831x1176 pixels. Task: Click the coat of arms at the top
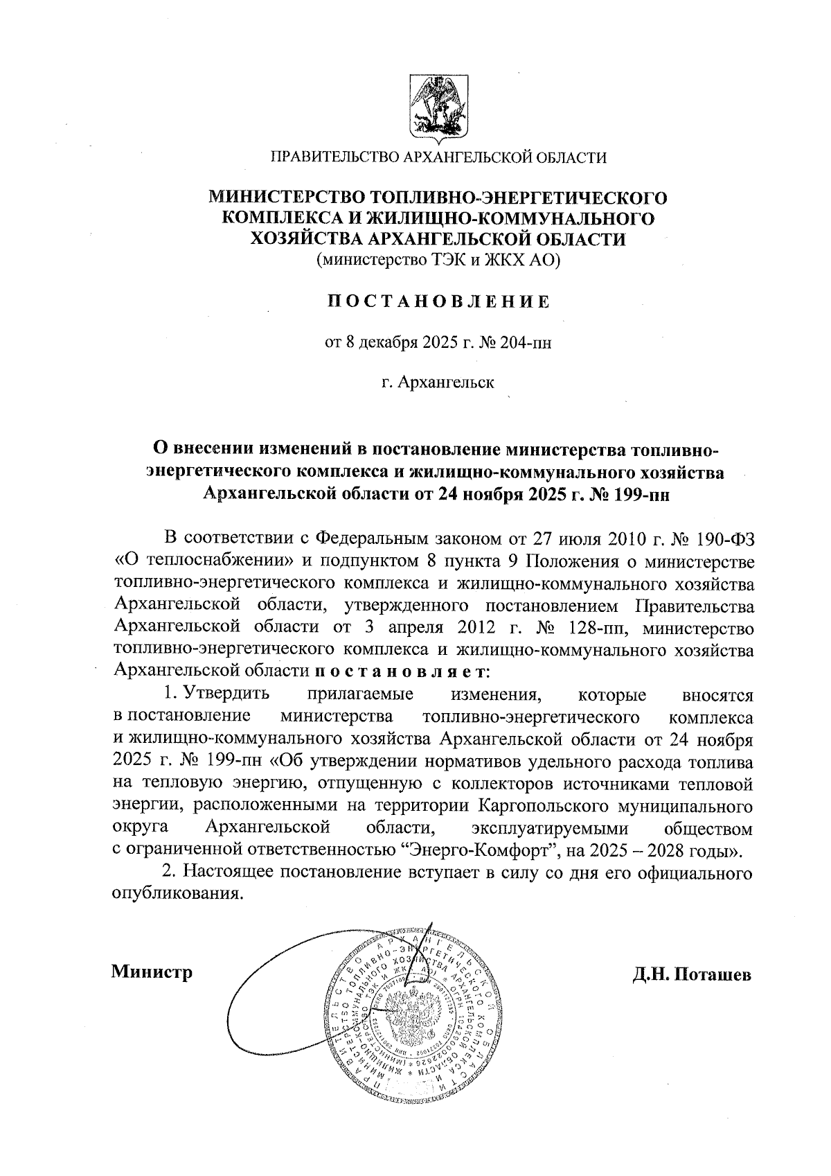[438, 109]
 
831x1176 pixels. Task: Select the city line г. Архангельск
[438, 383]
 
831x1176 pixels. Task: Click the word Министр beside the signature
[152, 972]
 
